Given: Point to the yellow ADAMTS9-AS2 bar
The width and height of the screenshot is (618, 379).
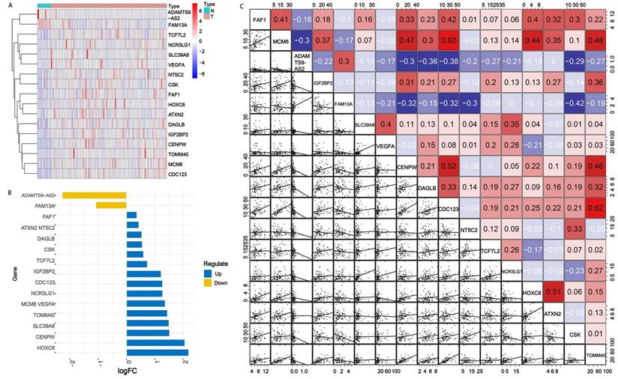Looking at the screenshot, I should coord(94,195).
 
